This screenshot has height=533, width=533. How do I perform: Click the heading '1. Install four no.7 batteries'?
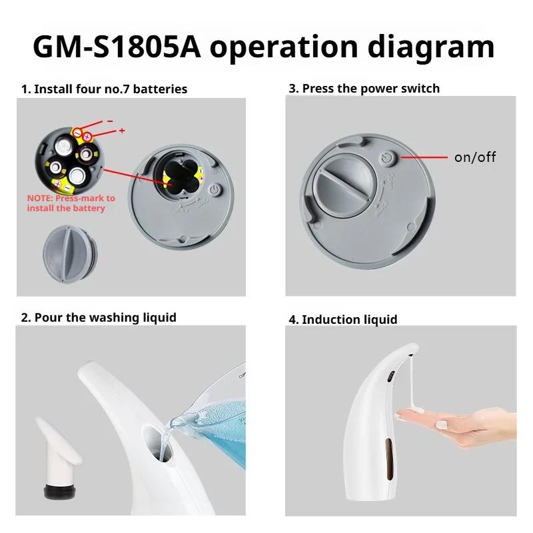[x=104, y=89]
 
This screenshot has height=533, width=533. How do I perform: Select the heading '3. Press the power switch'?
[x=364, y=88]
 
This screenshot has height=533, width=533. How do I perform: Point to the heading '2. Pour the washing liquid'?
[x=99, y=317]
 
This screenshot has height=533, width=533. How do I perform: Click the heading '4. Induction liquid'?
[x=342, y=319]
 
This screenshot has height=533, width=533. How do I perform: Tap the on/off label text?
[x=474, y=157]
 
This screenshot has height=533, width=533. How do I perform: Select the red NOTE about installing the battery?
[x=71, y=203]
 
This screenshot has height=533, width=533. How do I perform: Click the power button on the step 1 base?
[x=214, y=190]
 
